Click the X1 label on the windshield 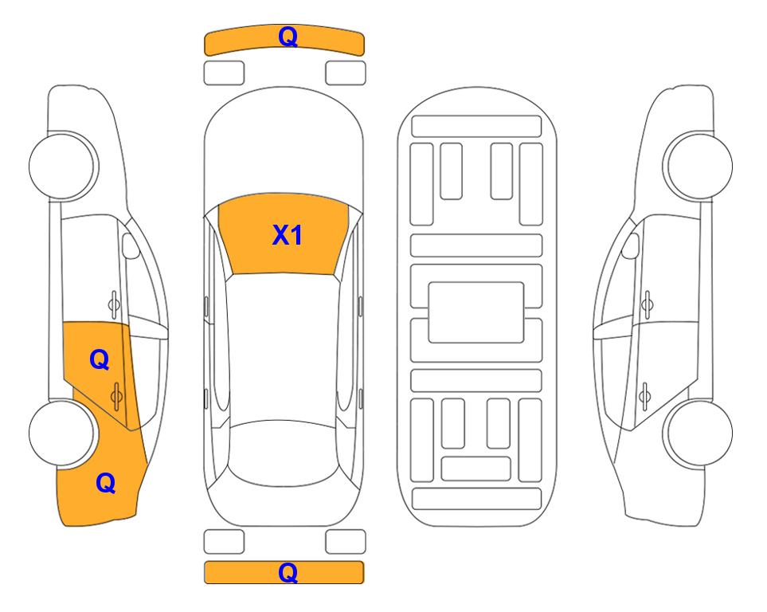pyautogui.click(x=288, y=235)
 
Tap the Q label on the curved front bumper pyautogui.click(x=288, y=37)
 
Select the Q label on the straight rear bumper pyautogui.click(x=288, y=572)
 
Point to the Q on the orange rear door pyautogui.click(x=100, y=360)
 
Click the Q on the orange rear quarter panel pyautogui.click(x=106, y=483)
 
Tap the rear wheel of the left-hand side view pyautogui.click(x=63, y=433)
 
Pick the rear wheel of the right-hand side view pyautogui.click(x=698, y=433)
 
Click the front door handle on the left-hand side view pyautogui.click(x=114, y=304)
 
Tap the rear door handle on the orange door pyautogui.click(x=116, y=395)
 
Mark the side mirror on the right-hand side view pyautogui.click(x=630, y=245)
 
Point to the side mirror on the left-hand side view pyautogui.click(x=131, y=245)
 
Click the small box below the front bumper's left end pyautogui.click(x=224, y=73)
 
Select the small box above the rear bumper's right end pyautogui.click(x=346, y=542)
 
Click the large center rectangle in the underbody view pyautogui.click(x=476, y=312)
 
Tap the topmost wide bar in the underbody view pyautogui.click(x=476, y=127)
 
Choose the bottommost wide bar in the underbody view pyautogui.click(x=476, y=498)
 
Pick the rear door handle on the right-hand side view pyautogui.click(x=644, y=395)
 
